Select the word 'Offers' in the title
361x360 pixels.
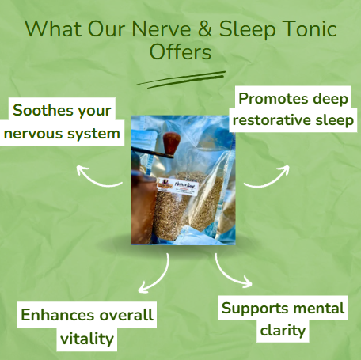pos(180,53)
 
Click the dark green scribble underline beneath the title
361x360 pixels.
pos(180,78)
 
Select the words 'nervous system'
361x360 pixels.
pos(63,133)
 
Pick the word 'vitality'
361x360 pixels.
pos(87,339)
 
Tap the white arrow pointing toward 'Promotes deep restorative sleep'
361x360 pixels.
pos(268,176)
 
